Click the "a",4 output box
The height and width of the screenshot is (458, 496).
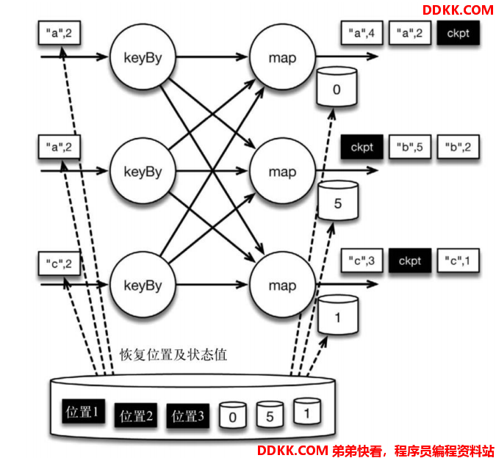click(362, 32)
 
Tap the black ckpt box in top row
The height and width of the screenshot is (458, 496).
click(458, 32)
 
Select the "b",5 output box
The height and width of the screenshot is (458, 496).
click(410, 147)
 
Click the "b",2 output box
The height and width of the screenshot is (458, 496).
click(458, 147)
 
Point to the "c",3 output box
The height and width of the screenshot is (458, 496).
click(362, 261)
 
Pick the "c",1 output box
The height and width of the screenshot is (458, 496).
click(458, 261)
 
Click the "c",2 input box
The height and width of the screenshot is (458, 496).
click(60, 263)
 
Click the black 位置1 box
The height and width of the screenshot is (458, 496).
click(84, 411)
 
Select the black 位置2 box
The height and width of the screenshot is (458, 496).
click(136, 415)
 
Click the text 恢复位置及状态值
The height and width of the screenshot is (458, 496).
click(173, 355)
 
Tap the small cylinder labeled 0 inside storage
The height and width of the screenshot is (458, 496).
click(232, 415)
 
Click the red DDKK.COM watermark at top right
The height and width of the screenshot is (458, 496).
click(458, 10)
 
